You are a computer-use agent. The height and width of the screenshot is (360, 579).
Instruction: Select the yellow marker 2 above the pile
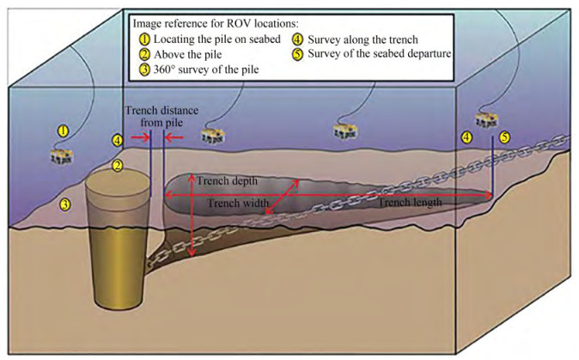(x=119, y=165)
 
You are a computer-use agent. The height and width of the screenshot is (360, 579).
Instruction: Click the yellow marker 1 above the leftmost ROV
(x=62, y=130)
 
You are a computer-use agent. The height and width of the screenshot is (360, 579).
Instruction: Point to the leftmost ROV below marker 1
(x=61, y=156)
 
